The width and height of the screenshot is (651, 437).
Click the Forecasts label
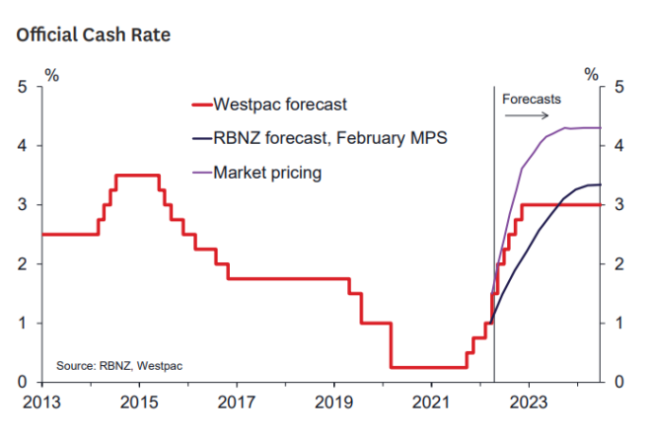pos(531,100)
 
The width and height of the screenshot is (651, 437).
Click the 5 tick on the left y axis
pos(22,87)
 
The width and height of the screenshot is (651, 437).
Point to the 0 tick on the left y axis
pos(22,383)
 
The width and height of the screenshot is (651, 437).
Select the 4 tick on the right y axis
pos(619,146)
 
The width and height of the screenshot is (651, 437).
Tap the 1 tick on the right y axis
pos(619,324)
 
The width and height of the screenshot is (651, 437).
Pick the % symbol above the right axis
pos(592,72)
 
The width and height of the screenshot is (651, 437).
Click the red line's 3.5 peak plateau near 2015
pos(138,176)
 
